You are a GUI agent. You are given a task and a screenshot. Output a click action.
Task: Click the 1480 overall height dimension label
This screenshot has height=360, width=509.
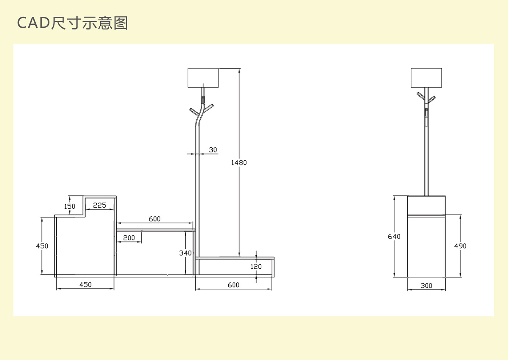(x=239, y=163)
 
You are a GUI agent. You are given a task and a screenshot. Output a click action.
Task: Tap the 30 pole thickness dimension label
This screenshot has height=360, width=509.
(x=213, y=150)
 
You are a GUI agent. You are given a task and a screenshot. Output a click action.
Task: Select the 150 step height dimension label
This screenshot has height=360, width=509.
(x=69, y=206)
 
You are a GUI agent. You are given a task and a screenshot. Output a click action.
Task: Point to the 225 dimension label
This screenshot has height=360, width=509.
(x=100, y=205)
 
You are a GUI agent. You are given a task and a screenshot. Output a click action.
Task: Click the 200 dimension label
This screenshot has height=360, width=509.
(x=129, y=238)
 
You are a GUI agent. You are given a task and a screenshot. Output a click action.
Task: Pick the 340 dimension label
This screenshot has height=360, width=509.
(x=185, y=253)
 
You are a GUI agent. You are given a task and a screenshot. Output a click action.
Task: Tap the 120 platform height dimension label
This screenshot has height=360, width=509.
(x=256, y=267)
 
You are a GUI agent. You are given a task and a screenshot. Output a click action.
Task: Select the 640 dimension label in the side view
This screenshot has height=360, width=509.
(x=394, y=236)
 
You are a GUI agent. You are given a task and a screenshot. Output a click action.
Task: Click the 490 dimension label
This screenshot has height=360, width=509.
(x=460, y=246)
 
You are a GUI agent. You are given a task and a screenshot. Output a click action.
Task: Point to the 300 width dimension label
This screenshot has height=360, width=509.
(x=426, y=285)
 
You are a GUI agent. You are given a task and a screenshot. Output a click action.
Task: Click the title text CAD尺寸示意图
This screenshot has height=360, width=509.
(x=72, y=23)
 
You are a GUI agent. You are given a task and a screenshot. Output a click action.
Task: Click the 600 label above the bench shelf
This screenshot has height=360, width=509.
(x=155, y=219)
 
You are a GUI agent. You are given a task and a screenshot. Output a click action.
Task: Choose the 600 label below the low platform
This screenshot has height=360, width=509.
(x=233, y=285)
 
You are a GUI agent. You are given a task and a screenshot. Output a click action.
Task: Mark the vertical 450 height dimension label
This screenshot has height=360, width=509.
(x=42, y=246)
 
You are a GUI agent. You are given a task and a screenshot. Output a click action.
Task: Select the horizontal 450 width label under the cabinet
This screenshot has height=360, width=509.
(x=85, y=284)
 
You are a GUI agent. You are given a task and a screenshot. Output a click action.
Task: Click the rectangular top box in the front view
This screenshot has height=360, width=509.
(x=203, y=78)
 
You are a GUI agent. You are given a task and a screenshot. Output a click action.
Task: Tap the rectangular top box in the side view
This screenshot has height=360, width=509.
(x=426, y=78)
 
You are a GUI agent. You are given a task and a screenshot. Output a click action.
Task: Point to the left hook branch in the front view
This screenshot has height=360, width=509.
(x=194, y=112)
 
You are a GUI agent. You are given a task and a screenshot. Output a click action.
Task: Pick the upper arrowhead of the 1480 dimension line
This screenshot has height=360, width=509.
(x=239, y=71)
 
